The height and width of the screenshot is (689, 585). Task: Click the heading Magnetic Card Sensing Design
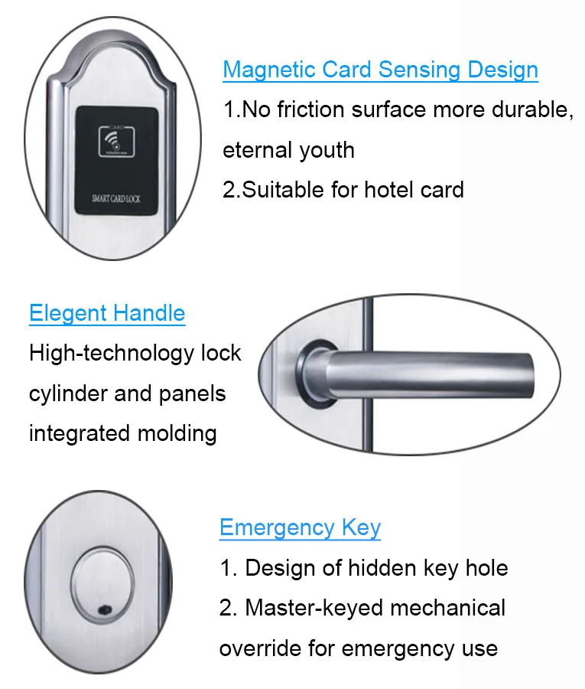coord(381,70)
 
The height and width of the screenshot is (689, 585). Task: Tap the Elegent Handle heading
coord(107,313)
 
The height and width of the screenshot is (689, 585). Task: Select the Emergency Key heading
coord(301,527)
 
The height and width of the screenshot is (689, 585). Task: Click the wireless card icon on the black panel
coord(117,141)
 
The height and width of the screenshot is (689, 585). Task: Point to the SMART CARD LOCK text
coord(116,198)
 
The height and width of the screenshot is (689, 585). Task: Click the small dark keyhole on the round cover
coord(106,610)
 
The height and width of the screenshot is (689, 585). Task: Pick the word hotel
coord(388,190)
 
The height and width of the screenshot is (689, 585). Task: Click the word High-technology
coord(112,353)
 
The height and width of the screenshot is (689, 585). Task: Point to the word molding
coord(177,434)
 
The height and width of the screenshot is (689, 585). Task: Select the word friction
coord(310,109)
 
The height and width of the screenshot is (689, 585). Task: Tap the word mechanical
coord(448,608)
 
